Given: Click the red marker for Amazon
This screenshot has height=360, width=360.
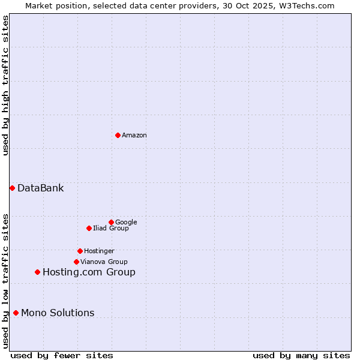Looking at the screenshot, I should (x=118, y=135).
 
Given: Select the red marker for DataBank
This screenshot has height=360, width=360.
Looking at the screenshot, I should (x=12, y=188).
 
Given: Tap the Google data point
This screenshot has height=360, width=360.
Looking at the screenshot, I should (x=111, y=222).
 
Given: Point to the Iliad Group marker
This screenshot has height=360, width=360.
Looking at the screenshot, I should (x=89, y=228).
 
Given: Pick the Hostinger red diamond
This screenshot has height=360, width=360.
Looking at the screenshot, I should (x=80, y=251).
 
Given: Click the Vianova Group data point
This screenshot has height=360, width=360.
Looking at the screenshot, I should (x=76, y=262).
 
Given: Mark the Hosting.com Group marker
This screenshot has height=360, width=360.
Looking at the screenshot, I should (x=37, y=272).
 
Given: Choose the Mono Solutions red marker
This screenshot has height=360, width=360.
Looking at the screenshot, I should (x=16, y=313).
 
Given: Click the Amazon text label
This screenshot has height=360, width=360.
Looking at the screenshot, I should (x=134, y=136).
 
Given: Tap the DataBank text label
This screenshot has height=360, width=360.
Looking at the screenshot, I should (x=40, y=188).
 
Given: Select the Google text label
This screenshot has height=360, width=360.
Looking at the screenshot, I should (x=126, y=223).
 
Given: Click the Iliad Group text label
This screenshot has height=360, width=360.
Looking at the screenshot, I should (x=110, y=229).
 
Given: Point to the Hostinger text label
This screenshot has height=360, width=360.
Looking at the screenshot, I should (x=99, y=251).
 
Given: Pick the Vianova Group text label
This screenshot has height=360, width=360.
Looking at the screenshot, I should (x=104, y=262).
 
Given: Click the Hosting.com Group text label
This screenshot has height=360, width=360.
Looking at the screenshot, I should (x=89, y=272).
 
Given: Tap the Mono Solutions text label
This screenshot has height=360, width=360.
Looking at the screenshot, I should (x=58, y=313).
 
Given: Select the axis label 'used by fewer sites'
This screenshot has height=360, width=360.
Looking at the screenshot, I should (x=62, y=355).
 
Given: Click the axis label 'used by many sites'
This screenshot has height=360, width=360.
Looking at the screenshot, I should (x=301, y=355).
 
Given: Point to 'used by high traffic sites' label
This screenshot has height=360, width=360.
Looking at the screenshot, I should (x=5, y=85).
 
